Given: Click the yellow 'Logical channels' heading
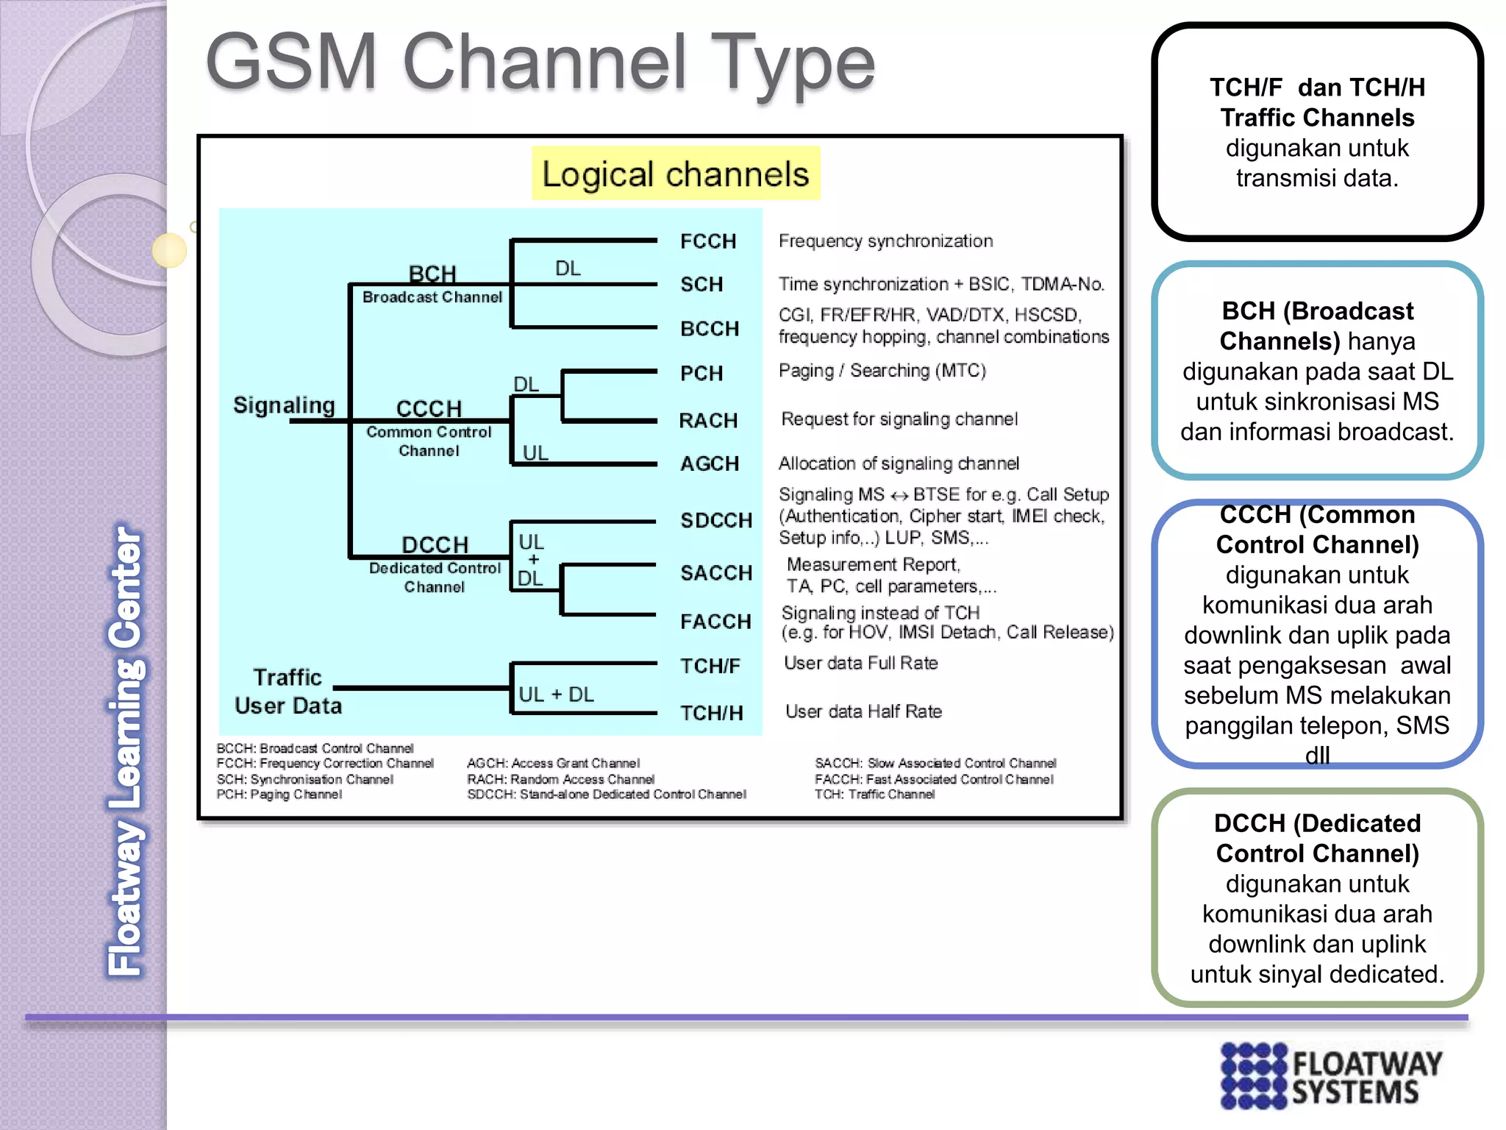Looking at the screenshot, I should [x=675, y=174].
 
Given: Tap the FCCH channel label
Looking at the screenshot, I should [x=707, y=241].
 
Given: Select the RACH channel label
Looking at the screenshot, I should [x=707, y=420].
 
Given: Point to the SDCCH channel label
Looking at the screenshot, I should [x=715, y=520].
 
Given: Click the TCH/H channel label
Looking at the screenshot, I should [x=710, y=713].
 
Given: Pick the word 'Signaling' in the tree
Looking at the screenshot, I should [x=284, y=405].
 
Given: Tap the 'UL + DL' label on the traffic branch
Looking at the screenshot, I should [x=556, y=694].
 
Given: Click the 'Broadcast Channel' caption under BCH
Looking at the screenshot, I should [x=432, y=297].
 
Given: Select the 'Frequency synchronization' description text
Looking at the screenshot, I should [x=885, y=241].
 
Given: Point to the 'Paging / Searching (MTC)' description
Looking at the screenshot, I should [x=882, y=370].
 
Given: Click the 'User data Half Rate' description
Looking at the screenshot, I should [x=863, y=711].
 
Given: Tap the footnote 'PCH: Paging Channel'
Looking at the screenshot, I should [x=279, y=795].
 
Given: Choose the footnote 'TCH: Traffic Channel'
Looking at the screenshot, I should [x=874, y=795].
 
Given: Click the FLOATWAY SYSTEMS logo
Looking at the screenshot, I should [x=1331, y=1076].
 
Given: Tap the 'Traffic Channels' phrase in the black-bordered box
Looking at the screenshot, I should [x=1317, y=118].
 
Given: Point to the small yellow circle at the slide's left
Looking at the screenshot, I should [x=169, y=250].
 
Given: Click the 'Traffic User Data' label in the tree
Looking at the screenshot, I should [x=288, y=692].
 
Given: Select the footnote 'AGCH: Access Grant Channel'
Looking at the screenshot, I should [x=553, y=764].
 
